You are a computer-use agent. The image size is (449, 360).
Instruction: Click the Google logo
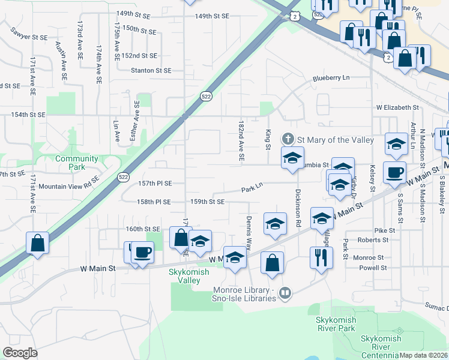(x=20, y=353)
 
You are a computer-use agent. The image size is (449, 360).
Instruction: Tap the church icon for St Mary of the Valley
(x=288, y=139)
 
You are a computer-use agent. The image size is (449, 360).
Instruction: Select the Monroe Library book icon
(x=285, y=293)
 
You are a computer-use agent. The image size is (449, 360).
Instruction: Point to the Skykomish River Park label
(x=336, y=324)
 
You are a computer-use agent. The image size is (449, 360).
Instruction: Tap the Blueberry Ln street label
(x=331, y=78)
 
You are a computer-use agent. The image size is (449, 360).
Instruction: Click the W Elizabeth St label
(x=397, y=107)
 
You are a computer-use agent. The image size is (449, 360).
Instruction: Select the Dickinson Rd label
(x=298, y=208)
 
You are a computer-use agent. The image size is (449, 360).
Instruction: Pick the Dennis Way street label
(x=248, y=233)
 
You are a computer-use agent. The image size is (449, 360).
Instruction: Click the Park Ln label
(x=253, y=188)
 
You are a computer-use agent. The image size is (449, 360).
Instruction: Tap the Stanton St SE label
(x=152, y=70)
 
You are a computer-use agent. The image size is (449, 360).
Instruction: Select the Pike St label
(x=385, y=230)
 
